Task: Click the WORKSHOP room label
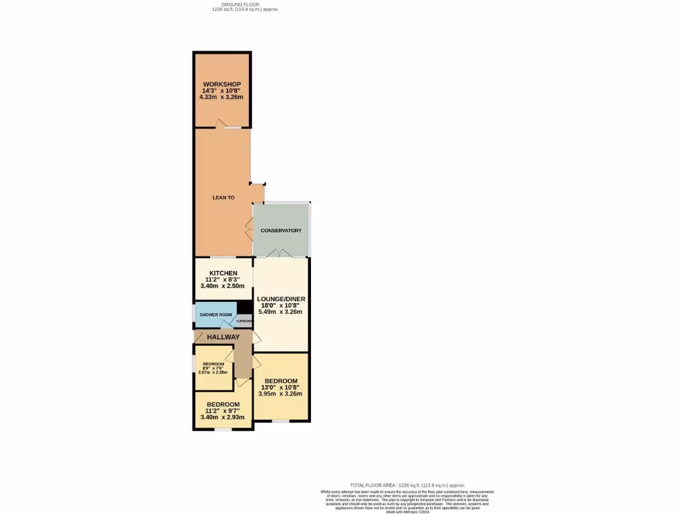[x=222, y=84]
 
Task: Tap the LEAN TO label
[x=223, y=197]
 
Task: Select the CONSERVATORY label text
[x=281, y=230]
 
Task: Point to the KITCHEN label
[x=223, y=273]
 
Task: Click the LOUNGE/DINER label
[x=281, y=298]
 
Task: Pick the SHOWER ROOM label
[x=215, y=315]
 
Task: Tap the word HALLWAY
[x=223, y=337]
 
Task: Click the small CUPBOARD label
[x=245, y=321]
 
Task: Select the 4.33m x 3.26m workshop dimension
[x=222, y=97]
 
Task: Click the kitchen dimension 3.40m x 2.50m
[x=223, y=286]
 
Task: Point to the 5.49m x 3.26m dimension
[x=281, y=311]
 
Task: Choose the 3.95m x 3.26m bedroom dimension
[x=280, y=394]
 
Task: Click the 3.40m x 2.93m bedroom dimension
[x=223, y=417]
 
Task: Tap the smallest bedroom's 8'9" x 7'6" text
[x=213, y=368]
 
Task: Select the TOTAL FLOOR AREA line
[x=407, y=485]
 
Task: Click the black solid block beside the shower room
[x=245, y=308]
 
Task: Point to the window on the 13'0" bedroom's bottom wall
[x=280, y=421]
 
